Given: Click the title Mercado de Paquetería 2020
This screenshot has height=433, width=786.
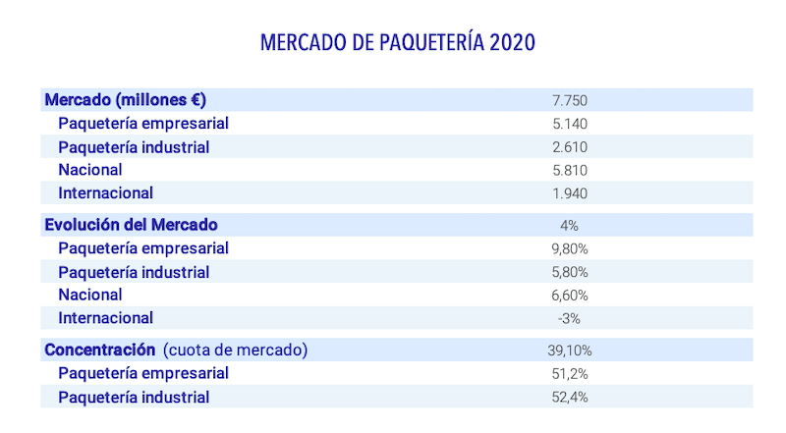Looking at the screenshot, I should coord(398,44).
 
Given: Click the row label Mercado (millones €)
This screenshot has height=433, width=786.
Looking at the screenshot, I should coord(125,100).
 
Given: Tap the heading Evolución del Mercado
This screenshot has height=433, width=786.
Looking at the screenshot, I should coord(131,225).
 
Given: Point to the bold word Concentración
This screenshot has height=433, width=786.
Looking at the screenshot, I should coord(100,350).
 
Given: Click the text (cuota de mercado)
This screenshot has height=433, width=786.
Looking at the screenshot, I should coord(236,350).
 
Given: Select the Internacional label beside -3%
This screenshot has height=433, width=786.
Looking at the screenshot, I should coord(105,318).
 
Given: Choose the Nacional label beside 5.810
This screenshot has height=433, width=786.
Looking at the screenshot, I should coord(90,170).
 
